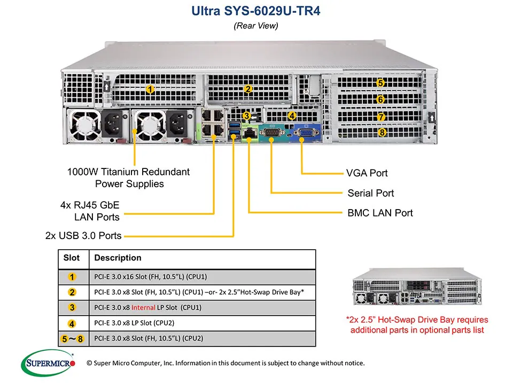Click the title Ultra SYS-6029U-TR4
click(x=255, y=11)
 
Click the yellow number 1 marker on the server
click(x=151, y=90)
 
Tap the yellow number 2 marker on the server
click(x=248, y=90)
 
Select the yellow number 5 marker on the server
click(x=380, y=83)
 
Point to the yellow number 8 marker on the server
click(x=381, y=132)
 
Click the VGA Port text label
click(x=367, y=173)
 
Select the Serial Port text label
click(x=370, y=193)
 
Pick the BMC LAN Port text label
click(x=380, y=213)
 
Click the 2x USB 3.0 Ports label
click(x=83, y=235)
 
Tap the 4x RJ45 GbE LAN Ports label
click(x=90, y=211)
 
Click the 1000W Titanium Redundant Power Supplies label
click(x=128, y=178)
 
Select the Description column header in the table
click(x=118, y=258)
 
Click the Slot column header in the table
click(x=72, y=258)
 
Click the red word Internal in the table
click(x=144, y=307)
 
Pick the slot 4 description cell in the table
click(x=134, y=323)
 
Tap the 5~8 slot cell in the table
click(x=72, y=338)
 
